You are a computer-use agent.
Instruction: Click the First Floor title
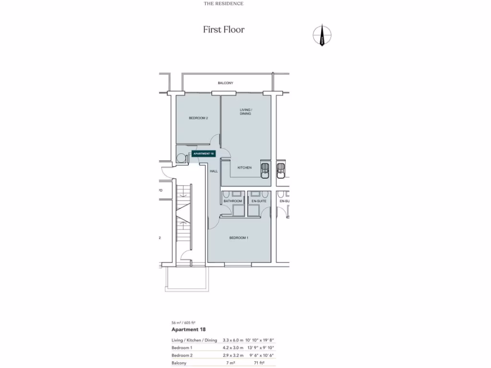[223, 30]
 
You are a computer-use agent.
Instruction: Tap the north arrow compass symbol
[322, 35]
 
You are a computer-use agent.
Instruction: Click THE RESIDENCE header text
[223, 4]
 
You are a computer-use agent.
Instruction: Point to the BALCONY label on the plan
[225, 83]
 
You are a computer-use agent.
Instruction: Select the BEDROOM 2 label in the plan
[198, 118]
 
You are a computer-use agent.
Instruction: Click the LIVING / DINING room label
[245, 112]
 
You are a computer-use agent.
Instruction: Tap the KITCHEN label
[245, 168]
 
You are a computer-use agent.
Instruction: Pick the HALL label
[213, 171]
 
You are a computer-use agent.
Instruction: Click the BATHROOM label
[232, 201]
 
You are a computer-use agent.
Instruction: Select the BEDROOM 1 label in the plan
[238, 238]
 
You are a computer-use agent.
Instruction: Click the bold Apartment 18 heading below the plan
[188, 330]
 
